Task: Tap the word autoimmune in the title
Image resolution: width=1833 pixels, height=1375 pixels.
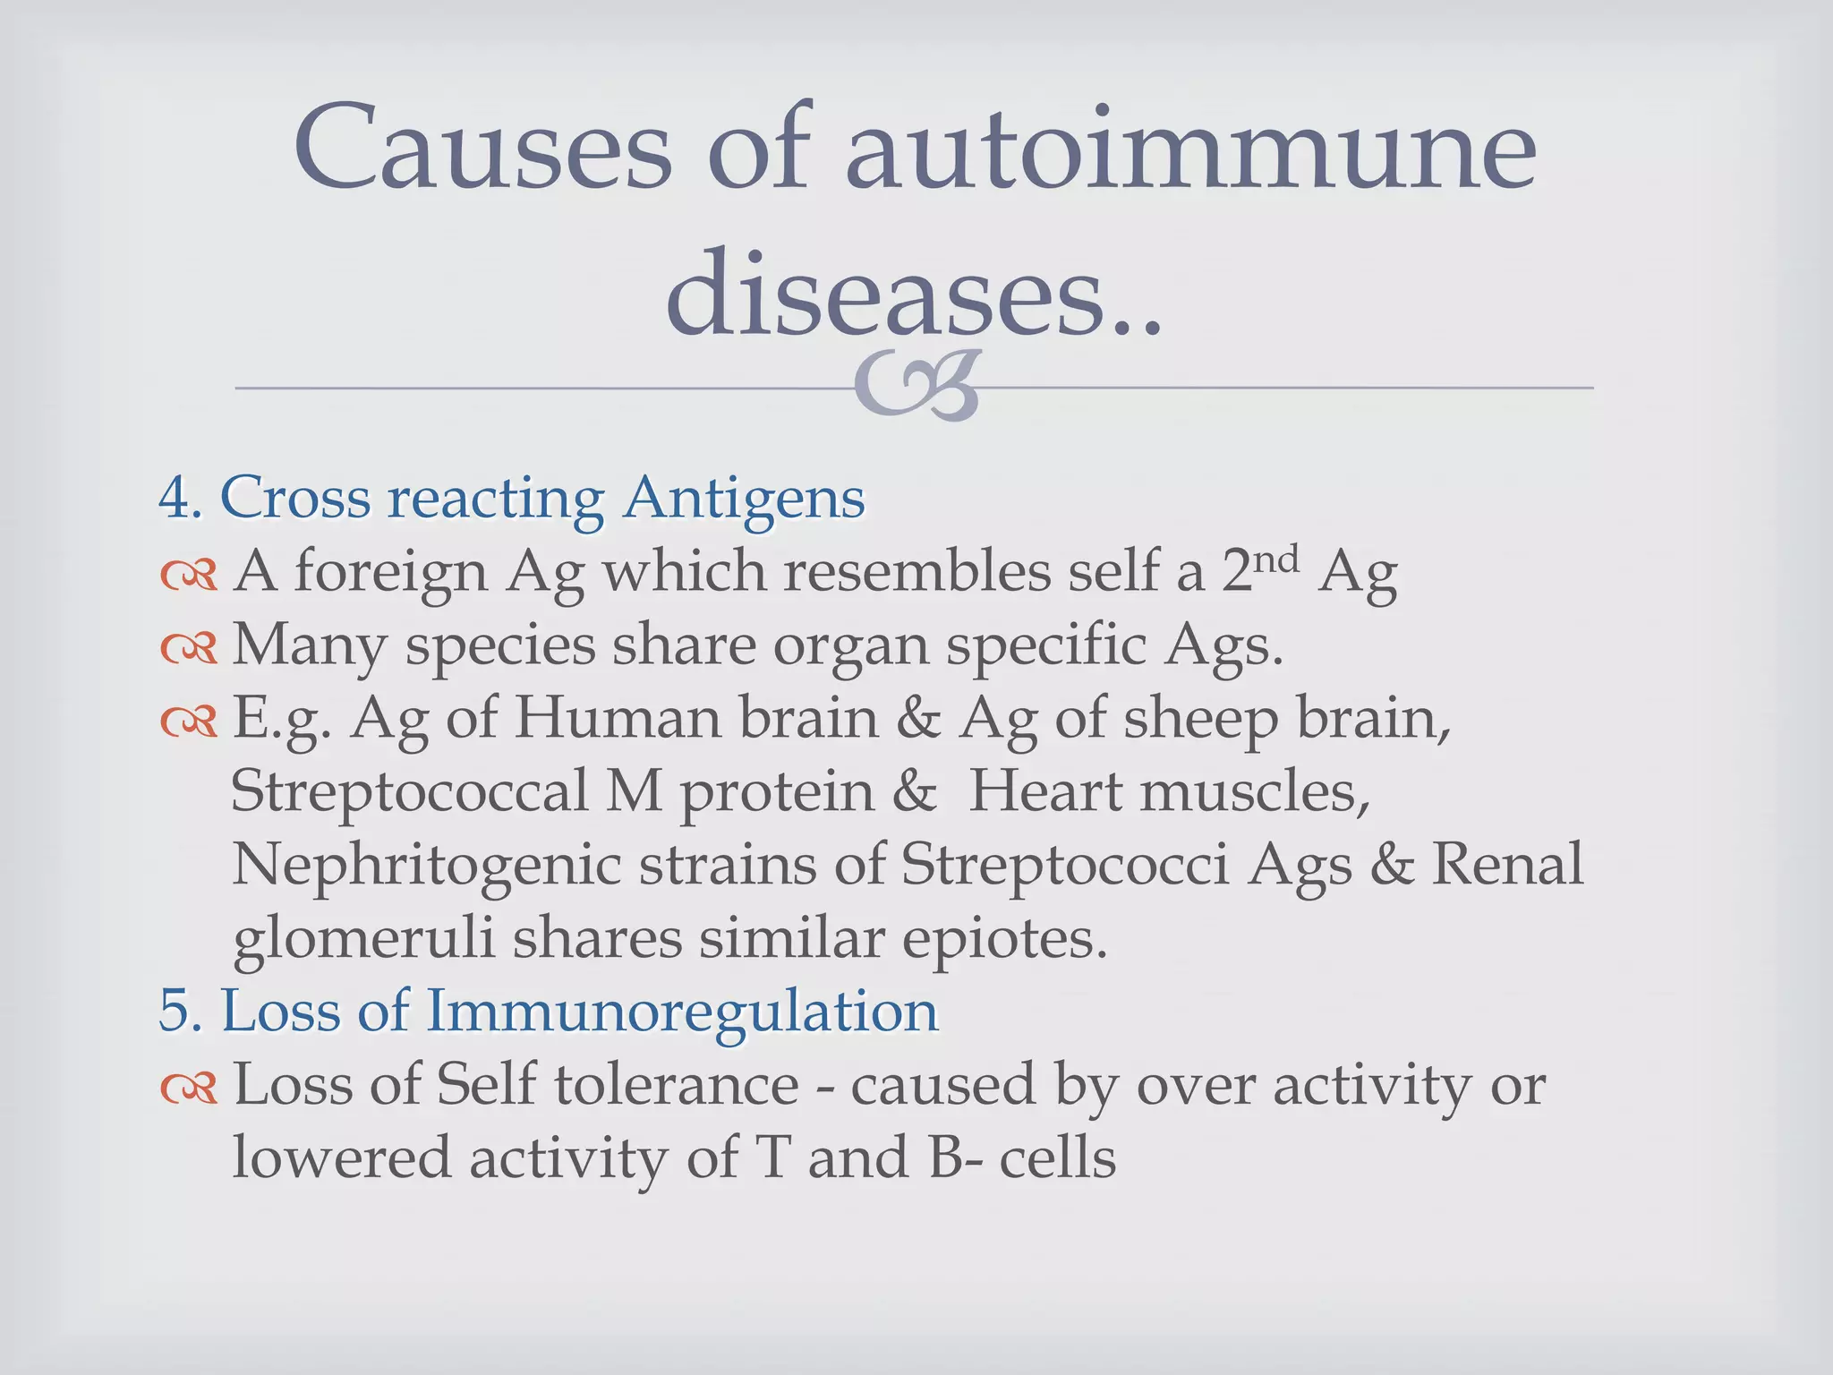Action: tap(1190, 148)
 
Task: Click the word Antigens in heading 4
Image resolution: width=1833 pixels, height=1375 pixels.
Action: tap(744, 500)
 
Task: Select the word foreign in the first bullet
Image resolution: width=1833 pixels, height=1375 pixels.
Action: tap(390, 573)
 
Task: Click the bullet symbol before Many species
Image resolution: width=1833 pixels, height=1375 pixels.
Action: tap(189, 647)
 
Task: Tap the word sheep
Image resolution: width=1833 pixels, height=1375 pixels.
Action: tap(1200, 721)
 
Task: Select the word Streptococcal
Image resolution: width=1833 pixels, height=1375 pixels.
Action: tap(408, 793)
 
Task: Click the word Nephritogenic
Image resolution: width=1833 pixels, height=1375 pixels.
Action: tap(426, 867)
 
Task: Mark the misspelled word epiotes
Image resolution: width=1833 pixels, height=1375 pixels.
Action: tap(1003, 940)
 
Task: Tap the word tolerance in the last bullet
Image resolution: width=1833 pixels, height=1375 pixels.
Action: tap(676, 1085)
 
